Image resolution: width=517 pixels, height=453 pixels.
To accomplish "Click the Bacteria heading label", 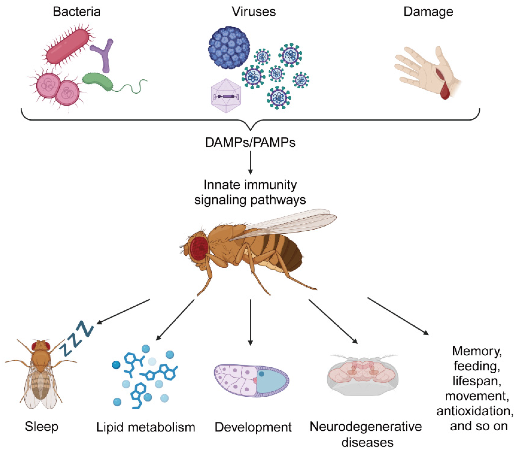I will coord(77,12).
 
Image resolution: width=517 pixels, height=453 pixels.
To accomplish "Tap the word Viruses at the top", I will coord(254,12).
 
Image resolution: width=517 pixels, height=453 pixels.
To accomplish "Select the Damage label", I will coord(428,12).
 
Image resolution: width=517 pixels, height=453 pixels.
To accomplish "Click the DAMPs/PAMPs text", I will coord(250,143).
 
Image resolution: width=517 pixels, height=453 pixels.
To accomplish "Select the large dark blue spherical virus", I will coord(229,47).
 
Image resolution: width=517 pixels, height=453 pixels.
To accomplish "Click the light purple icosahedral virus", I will coord(226,96).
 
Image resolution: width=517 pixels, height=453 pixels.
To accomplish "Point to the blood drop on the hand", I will coord(445,92).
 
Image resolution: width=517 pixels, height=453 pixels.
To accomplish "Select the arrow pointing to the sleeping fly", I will coord(124,311).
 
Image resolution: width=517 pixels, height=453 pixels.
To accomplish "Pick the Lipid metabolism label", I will coord(146,427).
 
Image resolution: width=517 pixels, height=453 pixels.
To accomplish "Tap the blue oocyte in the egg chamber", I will coord(272,380).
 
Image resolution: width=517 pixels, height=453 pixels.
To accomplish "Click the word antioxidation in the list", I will coord(475,411).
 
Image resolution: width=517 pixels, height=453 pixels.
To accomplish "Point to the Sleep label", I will coord(42,426).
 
